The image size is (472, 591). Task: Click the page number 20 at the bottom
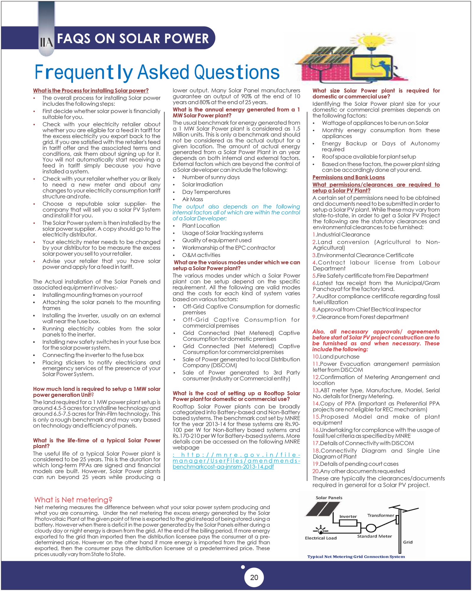point(254,577)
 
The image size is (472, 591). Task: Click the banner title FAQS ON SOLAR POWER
point(133,39)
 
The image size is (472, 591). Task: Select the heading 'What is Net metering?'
point(73,500)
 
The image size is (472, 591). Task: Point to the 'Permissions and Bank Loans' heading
point(348,177)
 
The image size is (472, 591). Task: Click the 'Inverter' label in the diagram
point(348,516)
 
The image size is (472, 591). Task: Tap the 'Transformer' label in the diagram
point(381,515)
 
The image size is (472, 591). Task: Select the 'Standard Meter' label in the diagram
point(374,536)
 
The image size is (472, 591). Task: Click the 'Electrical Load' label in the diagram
point(321,538)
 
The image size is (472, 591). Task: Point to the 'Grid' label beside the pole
point(408,542)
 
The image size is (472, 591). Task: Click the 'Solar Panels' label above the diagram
point(329,498)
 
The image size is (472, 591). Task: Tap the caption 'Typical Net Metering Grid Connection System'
point(356,556)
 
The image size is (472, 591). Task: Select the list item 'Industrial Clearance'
point(341,234)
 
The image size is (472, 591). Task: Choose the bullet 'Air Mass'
point(192,199)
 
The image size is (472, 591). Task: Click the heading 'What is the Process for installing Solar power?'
point(91,91)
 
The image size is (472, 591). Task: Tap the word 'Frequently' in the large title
point(83,73)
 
